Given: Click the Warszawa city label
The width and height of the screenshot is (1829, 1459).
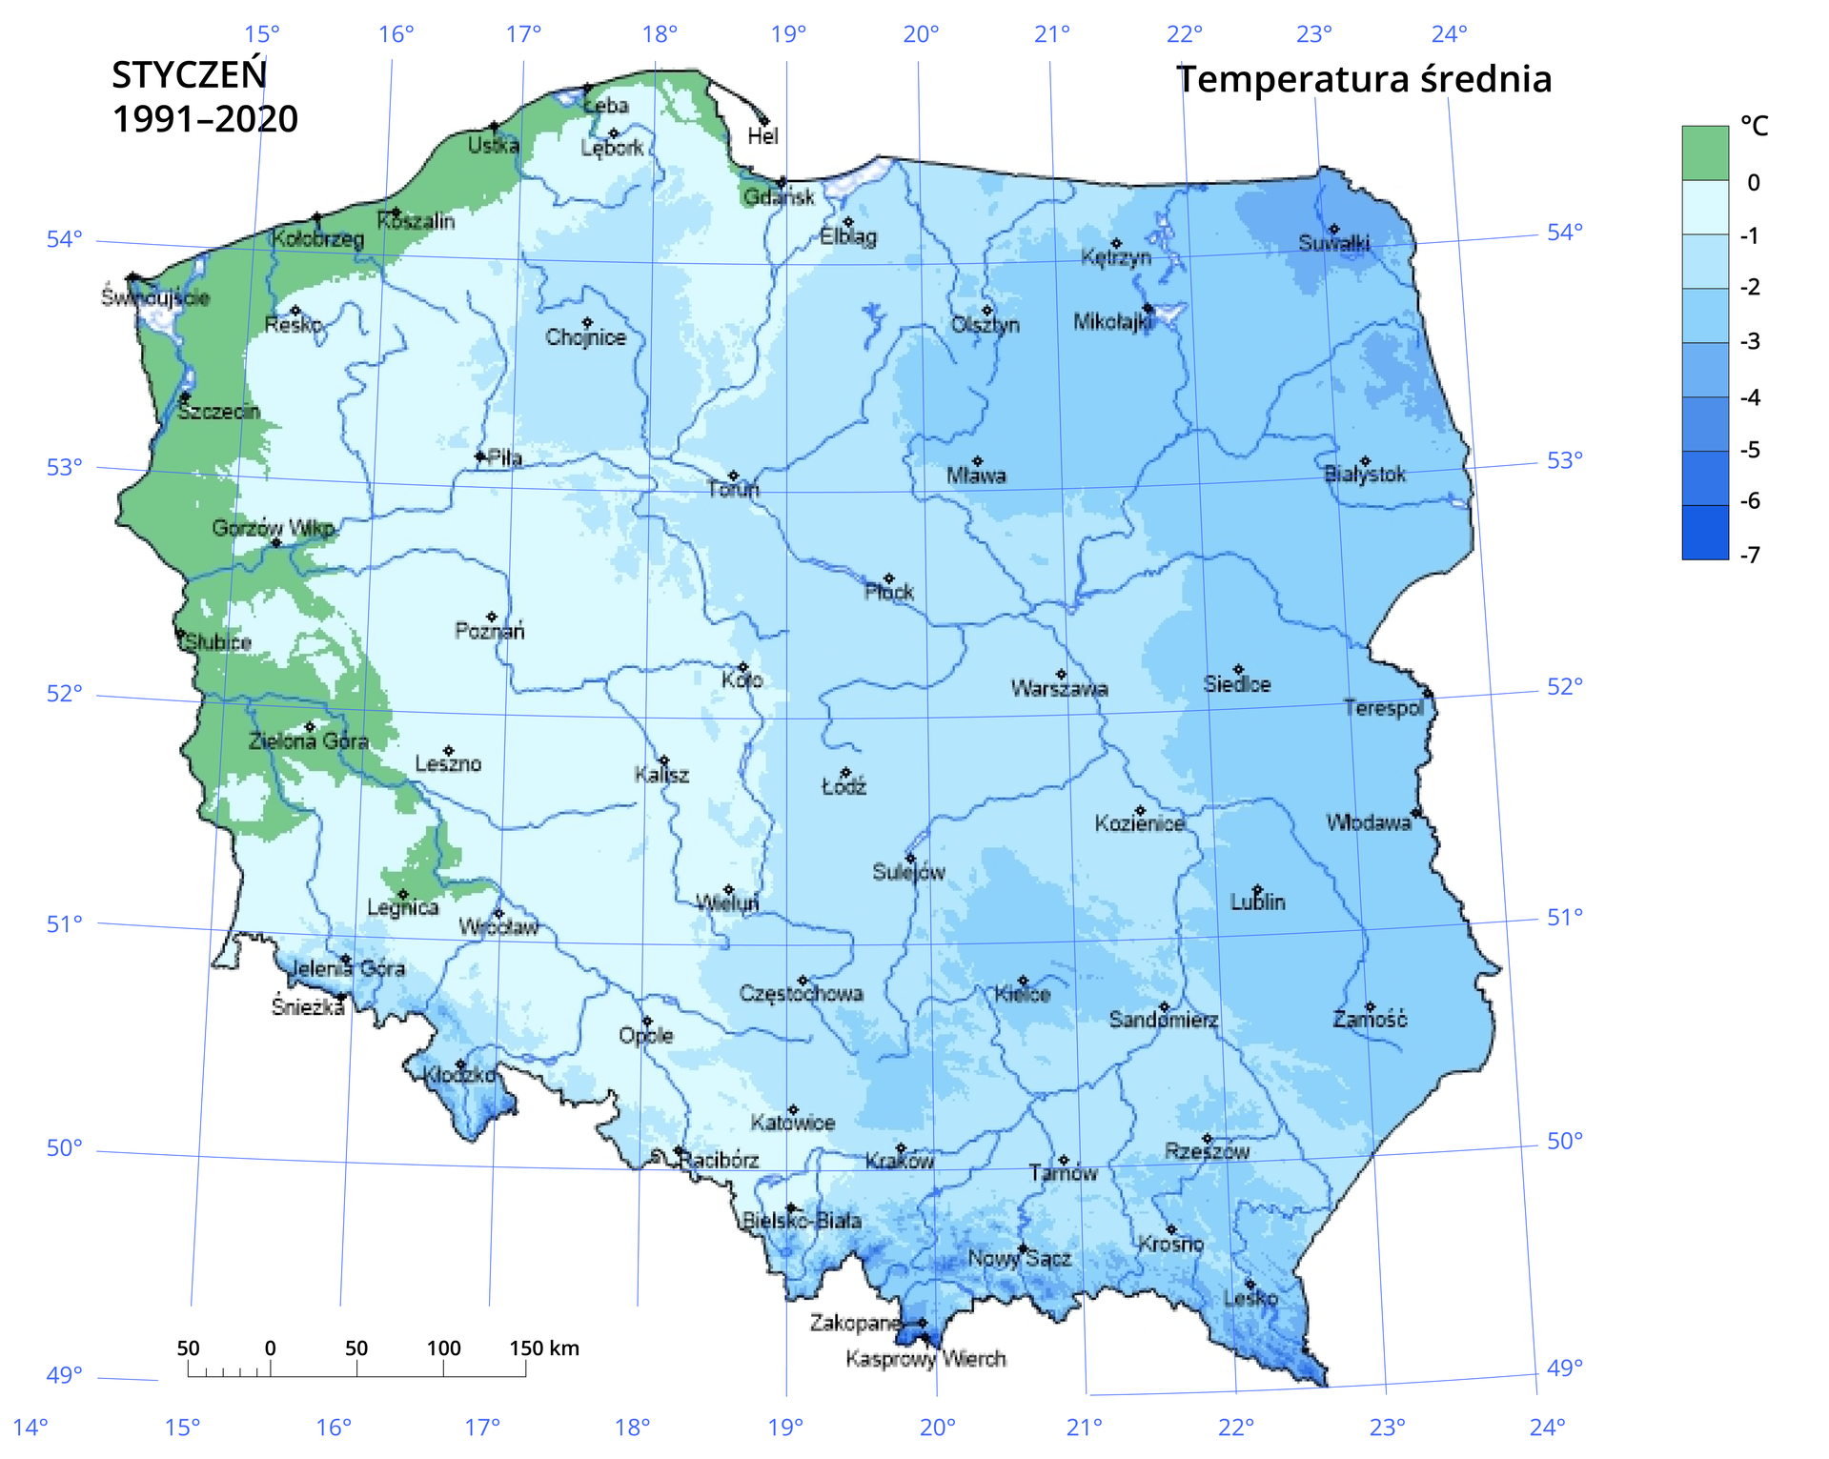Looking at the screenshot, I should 1059,688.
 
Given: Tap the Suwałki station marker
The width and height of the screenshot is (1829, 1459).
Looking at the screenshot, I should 1334,230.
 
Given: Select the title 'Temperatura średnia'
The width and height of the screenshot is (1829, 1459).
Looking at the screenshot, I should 1364,79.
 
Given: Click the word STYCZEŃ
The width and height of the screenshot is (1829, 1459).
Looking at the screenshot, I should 189,75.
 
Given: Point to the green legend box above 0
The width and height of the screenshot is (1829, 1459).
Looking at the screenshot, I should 1704,152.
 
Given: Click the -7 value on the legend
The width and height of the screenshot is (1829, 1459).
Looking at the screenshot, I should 1750,555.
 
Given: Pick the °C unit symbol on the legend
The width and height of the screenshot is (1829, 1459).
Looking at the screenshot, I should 1754,126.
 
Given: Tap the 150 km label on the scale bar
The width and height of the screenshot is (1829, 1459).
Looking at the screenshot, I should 543,1348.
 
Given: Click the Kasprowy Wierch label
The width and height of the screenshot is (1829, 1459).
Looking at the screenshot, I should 925,1358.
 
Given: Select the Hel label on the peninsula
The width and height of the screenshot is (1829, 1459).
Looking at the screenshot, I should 762,136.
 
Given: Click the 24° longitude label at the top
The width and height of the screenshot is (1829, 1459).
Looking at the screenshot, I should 1449,34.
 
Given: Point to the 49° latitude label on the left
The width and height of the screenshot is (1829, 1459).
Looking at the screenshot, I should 65,1374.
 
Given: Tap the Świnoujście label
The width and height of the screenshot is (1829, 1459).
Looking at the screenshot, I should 155,297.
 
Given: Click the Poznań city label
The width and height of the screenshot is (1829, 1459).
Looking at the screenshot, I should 489,631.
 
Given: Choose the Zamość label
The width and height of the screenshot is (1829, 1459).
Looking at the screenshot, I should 1370,1020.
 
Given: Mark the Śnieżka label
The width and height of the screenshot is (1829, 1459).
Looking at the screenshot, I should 307,1007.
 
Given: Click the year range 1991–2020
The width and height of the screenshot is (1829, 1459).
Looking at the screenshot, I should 205,119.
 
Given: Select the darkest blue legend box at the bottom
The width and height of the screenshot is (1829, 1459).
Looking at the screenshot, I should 1704,532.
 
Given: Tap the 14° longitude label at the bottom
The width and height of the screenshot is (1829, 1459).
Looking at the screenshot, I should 30,1427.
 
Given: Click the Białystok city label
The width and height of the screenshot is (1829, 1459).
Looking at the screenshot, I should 1365,474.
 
